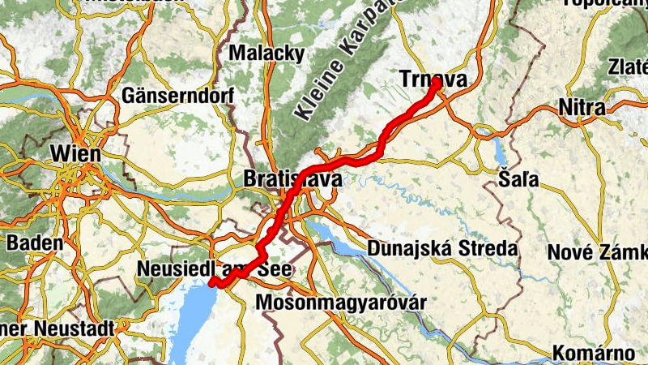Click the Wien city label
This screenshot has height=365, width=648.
(75, 153)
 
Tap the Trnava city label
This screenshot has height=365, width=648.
(433, 79)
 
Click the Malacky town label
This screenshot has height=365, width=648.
(267, 54)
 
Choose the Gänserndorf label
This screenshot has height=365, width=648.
(177, 95)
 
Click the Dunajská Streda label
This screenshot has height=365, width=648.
(442, 248)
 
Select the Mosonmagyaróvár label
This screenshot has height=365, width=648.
(340, 303)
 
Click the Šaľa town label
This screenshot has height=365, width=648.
(515, 178)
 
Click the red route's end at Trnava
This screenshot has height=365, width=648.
(437, 83)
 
